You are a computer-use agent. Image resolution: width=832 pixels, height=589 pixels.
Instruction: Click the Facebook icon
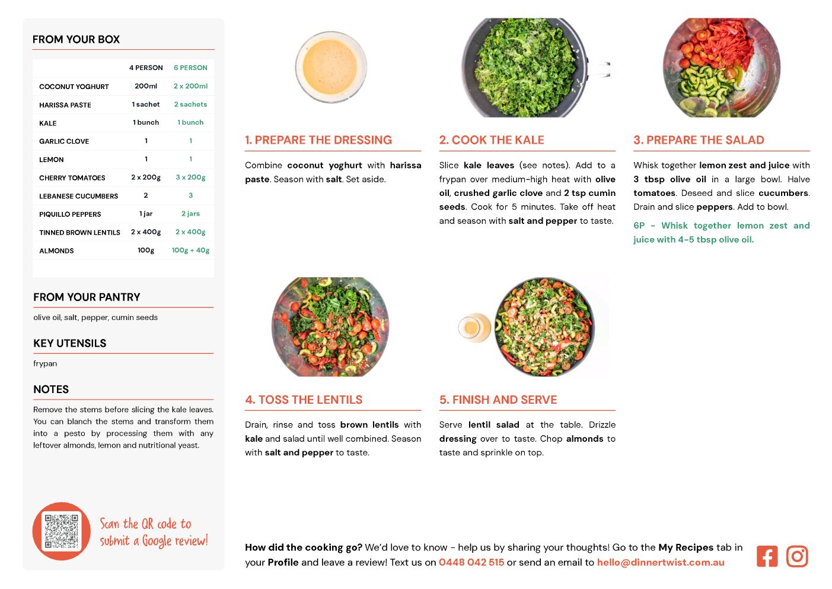point(767,556)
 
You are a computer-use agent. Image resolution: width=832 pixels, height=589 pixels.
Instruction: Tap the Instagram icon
point(797,556)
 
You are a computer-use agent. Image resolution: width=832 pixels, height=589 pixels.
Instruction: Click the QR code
point(61,531)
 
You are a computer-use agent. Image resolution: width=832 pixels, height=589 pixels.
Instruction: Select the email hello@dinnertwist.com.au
point(661,562)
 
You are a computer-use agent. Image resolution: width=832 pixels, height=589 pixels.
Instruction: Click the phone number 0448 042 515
point(471,562)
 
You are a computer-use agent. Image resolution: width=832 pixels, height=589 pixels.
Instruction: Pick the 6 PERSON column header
point(190,68)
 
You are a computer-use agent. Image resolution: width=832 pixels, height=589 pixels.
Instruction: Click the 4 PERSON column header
point(146,68)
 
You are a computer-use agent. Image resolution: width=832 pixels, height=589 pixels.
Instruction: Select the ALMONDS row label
point(56,251)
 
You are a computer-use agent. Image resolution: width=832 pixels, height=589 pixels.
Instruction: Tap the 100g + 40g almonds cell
point(190,250)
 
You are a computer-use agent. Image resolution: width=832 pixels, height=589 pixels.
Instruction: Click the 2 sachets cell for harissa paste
point(190,104)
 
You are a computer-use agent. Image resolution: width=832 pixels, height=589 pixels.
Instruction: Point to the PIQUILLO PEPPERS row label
point(70,214)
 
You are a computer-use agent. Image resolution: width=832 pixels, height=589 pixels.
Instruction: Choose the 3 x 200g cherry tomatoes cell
point(190,178)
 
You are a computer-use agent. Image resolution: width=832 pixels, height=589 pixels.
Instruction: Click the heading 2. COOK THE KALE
point(492,140)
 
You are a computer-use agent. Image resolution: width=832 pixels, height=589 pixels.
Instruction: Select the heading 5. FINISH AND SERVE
point(498,400)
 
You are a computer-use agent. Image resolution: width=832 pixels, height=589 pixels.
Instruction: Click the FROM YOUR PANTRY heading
point(87,297)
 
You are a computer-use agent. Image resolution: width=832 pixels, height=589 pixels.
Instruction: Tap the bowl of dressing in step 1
point(331,67)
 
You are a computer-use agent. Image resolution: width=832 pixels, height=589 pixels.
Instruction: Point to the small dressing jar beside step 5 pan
point(474,328)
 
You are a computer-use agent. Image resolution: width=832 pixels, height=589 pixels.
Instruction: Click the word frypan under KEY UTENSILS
point(45,364)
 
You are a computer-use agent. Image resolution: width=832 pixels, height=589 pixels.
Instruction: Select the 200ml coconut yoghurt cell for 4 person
point(146,86)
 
